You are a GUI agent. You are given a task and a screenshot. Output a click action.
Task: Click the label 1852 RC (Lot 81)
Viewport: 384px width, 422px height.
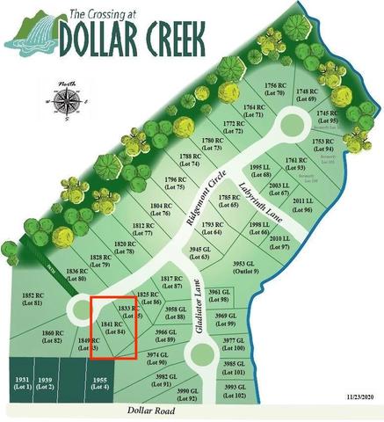33,299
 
